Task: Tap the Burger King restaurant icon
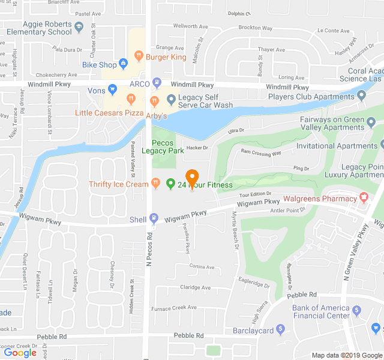139,56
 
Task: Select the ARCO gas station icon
157,83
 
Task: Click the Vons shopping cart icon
112,90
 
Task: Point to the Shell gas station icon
154,218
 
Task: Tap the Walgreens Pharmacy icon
363,197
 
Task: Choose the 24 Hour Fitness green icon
170,184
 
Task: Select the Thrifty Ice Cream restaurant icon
155,183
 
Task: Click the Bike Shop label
99,64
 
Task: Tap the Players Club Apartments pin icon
362,95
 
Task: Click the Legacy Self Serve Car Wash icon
171,99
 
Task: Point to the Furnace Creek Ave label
173,307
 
